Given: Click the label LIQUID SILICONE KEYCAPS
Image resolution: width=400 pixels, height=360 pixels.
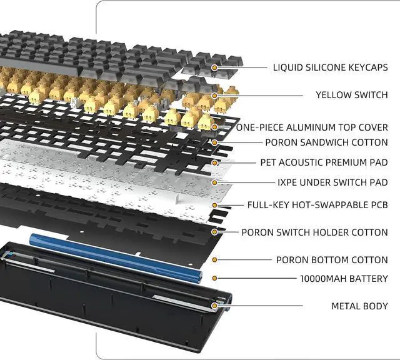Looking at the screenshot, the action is [330, 67].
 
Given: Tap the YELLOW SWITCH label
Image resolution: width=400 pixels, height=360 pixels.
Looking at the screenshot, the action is [351, 95].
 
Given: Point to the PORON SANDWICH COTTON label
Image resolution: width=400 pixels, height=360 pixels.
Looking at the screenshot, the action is [326, 142].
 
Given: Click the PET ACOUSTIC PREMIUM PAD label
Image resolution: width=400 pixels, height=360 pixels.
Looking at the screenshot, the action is [324, 162].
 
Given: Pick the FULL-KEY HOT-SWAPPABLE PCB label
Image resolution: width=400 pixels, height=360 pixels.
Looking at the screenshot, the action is [317, 204].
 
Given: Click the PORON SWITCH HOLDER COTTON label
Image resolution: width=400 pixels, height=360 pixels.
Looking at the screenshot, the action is [314, 232].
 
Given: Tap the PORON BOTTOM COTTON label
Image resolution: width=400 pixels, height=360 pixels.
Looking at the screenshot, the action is [332, 259].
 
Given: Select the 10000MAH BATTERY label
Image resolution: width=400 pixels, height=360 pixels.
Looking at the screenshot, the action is [344, 279].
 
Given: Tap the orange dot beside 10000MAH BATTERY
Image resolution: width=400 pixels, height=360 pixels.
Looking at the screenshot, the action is [215, 278].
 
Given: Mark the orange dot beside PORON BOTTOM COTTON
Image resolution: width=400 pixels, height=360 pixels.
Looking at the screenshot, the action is [215, 259].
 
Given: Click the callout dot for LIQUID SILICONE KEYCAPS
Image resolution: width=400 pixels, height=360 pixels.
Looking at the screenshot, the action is [215, 67].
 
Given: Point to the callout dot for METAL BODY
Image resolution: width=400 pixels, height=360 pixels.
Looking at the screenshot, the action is [215, 306].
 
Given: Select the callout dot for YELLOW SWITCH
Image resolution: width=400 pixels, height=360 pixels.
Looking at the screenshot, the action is [215, 95].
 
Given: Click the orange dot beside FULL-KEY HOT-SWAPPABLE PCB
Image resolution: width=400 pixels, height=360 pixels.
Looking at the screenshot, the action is [215, 204].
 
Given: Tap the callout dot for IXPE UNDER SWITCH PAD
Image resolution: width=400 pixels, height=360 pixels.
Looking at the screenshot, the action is [215, 182].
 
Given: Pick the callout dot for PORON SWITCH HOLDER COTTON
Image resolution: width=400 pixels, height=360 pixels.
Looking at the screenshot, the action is [215, 232].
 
